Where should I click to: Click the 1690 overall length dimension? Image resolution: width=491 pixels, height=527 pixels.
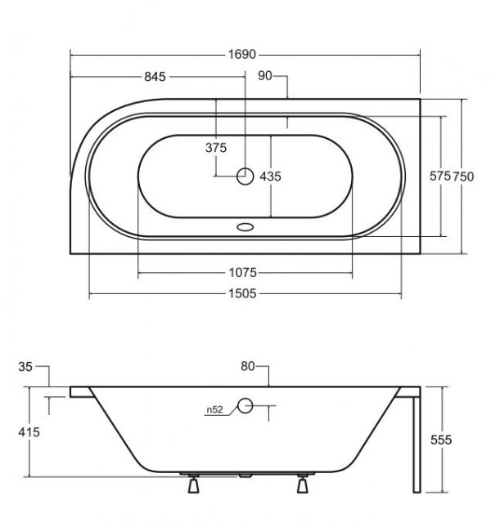242,54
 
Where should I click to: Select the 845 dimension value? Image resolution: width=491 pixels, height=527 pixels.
155,77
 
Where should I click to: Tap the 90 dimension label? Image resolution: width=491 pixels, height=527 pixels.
265,76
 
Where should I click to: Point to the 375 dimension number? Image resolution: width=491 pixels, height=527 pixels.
216,148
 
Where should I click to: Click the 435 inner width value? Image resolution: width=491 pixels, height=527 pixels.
270,176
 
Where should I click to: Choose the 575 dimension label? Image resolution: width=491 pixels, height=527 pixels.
439,176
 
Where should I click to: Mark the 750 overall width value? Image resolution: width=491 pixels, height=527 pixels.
462,176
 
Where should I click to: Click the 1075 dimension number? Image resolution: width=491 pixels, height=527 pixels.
243,272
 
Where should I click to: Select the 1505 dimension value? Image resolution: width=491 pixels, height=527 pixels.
242,293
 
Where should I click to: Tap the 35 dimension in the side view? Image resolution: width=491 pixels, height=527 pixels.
25,366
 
